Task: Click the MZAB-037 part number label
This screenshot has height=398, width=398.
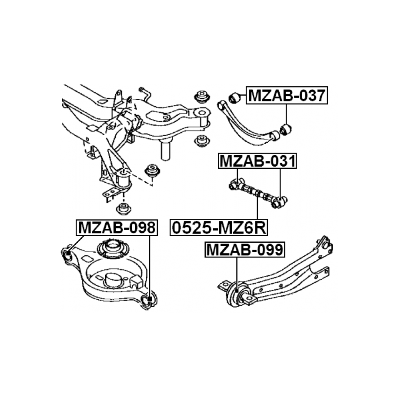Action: click(x=287, y=95)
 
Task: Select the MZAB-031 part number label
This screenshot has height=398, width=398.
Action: click(x=258, y=161)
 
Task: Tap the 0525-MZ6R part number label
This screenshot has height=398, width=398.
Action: click(x=219, y=227)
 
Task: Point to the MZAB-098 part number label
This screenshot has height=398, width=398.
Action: click(x=117, y=227)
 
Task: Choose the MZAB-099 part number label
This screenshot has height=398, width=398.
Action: click(x=245, y=250)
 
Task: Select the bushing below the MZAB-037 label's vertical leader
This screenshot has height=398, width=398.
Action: click(x=285, y=129)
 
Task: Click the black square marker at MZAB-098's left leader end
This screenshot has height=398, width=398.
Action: click(x=68, y=253)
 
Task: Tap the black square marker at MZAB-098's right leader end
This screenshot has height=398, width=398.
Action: click(x=150, y=299)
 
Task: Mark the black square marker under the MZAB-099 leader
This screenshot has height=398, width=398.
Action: click(x=237, y=291)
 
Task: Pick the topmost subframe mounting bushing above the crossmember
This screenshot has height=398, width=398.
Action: click(x=202, y=97)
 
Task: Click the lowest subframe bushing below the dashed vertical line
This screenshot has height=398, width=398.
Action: click(x=124, y=209)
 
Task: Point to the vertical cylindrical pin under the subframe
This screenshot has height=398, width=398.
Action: click(x=165, y=151)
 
